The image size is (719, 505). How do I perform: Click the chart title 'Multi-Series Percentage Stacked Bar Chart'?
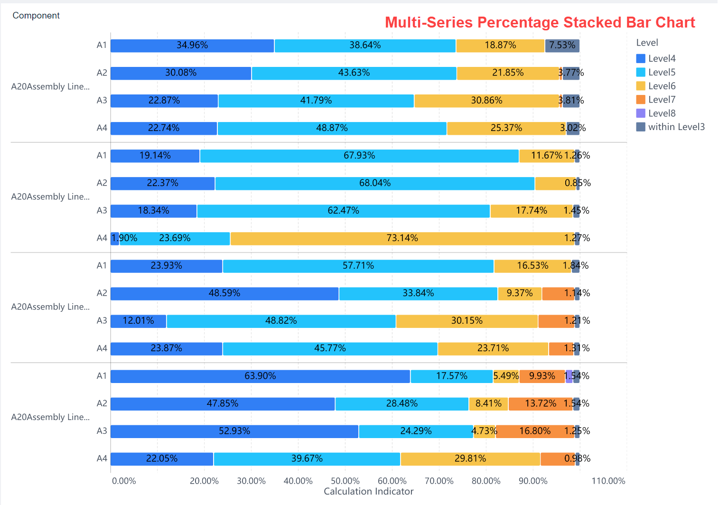pos(540,22)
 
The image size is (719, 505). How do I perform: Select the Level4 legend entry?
pos(661,58)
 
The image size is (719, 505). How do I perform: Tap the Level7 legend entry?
pos(661,100)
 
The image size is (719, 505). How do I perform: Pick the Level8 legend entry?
pos(661,113)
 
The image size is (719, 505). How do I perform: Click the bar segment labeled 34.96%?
pos(192,46)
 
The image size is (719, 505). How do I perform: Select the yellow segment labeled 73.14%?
pos(402,238)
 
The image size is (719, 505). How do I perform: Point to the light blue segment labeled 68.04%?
pos(374,183)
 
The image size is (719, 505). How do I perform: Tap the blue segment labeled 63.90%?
pos(260,376)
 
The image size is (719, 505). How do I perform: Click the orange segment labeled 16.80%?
pos(535,431)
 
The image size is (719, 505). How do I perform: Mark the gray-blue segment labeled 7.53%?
pos(562,46)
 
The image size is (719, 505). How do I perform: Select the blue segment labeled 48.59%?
pos(224,293)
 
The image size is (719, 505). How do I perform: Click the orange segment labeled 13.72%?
pos(541,404)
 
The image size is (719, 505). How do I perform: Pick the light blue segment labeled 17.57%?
pos(451,376)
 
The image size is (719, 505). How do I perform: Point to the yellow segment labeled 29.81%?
pos(470,459)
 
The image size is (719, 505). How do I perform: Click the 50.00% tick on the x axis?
pos(345,481)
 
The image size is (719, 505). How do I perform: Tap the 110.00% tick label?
pos(608,481)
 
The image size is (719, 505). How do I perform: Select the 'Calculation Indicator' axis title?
pos(368,492)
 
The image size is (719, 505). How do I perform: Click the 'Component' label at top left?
pos(36,16)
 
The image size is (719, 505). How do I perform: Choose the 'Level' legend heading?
pos(647,43)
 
